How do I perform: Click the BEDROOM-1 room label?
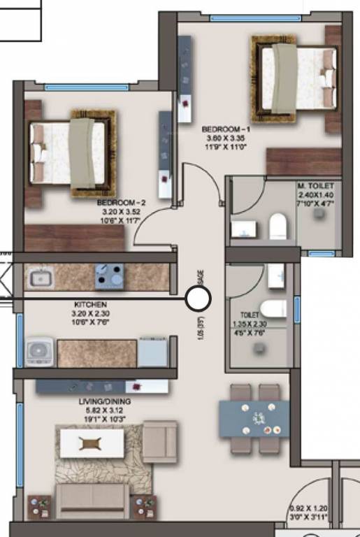225,129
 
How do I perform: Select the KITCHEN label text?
90,305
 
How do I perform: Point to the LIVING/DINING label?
106,402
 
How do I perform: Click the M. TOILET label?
315,185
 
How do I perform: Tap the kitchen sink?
41,279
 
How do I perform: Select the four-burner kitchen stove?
109,277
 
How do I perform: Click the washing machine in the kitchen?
40,352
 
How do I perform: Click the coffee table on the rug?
92,443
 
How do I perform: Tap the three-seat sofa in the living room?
92,499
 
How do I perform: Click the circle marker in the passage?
199,299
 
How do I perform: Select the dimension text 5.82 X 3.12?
105,411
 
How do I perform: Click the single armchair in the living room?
160,441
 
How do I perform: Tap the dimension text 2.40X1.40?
315,195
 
